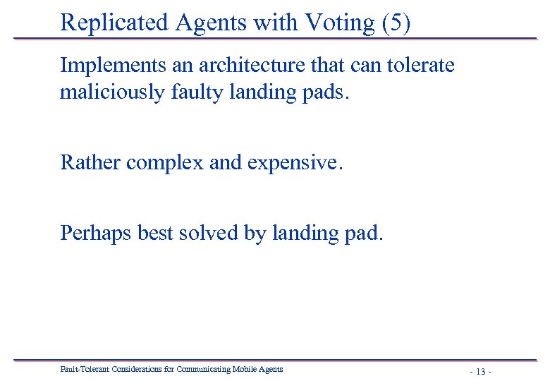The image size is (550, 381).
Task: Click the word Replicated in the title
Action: click(113, 23)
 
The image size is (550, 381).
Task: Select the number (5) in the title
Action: click(396, 23)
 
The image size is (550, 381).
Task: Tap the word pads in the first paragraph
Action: click(324, 92)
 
